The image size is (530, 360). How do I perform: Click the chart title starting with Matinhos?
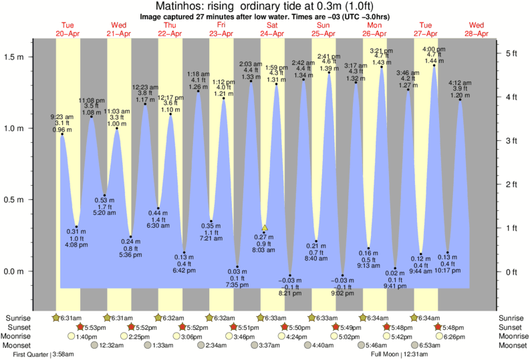(265, 6)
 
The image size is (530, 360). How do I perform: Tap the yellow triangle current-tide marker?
(265, 228)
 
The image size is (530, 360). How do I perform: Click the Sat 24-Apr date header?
(272, 30)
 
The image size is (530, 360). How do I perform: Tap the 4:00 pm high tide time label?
(434, 49)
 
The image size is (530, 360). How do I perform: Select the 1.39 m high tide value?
(329, 69)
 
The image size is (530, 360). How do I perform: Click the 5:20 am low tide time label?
(103, 213)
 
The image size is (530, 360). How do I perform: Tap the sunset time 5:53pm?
(92, 327)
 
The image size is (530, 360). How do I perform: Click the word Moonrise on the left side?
(19, 337)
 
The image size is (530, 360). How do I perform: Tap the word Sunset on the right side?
(511, 327)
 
